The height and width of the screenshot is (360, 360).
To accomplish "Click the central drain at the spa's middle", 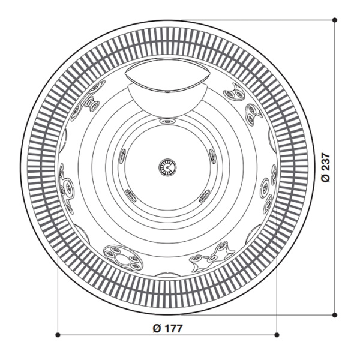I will click(x=167, y=167).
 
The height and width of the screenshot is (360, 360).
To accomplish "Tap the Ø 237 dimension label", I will click(x=326, y=167).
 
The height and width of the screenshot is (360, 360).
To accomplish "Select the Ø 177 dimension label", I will click(x=167, y=328).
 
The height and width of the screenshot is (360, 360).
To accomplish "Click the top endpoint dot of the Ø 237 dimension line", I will click(x=335, y=20).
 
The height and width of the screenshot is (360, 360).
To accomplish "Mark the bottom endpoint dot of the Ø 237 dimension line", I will click(x=335, y=314).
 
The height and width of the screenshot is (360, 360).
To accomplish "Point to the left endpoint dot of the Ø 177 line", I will click(x=57, y=334).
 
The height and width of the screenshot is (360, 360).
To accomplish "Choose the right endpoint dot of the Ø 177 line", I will click(x=277, y=334).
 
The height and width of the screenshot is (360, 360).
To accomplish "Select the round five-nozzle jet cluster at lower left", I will click(x=120, y=256).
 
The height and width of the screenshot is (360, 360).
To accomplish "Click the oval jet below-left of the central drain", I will click(x=129, y=194).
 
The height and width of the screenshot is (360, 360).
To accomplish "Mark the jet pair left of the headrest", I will click(x=92, y=100).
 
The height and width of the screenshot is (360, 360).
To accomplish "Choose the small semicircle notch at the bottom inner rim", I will click(x=166, y=274).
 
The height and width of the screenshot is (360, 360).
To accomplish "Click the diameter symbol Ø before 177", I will click(x=156, y=328).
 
